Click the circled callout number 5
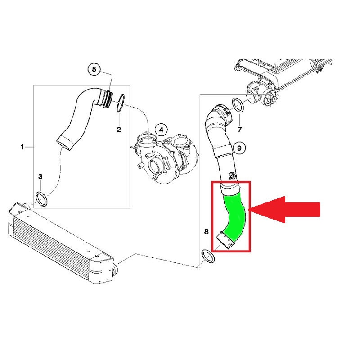pos(94,69)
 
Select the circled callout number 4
pos(161,130)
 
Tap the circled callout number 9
pos(239,148)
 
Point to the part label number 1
pos(22,147)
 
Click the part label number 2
pos(119,130)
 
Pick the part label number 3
pos(40,176)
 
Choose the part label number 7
pos(240,130)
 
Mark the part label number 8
pos(206,232)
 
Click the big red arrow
pos(284,210)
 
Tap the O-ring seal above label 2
pos(121,103)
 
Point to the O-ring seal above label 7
pos(238,105)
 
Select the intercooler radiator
pos(61,243)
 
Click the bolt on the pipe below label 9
pos(232,176)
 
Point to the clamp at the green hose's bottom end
pos(226,240)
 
